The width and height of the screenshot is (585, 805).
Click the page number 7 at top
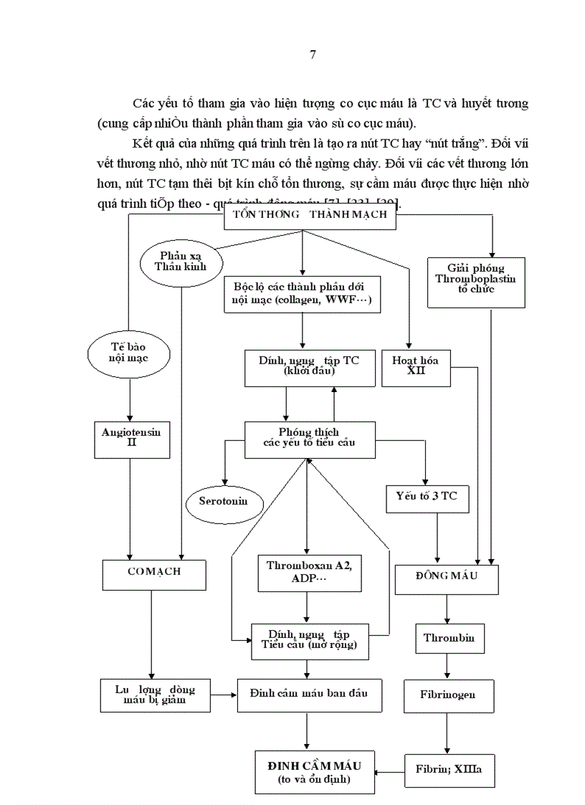312,54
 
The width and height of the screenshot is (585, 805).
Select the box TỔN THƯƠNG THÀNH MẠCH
310,215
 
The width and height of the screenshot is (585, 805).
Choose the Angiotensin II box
130,438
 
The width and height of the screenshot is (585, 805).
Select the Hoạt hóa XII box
414,367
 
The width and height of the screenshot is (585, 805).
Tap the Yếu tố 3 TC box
426,495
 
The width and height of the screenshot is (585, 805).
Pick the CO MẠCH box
154,572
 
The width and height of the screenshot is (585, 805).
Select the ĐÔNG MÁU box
446,578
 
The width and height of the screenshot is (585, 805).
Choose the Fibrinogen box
449,695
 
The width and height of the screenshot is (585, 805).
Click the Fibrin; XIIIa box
449,771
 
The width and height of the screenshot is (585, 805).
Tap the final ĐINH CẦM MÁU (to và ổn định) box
315,771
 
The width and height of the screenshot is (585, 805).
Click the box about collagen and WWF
302,295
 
